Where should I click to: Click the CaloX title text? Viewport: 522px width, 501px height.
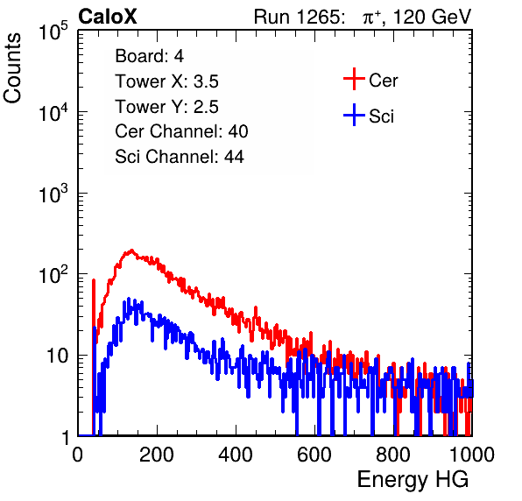pyautogui.click(x=107, y=17)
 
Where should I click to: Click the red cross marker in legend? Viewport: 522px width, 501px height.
pyautogui.click(x=354, y=79)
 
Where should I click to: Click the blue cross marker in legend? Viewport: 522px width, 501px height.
pyautogui.click(x=354, y=116)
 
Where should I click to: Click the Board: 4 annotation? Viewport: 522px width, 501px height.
pyautogui.click(x=149, y=56)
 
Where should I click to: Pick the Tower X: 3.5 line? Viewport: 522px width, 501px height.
pyautogui.click(x=166, y=81)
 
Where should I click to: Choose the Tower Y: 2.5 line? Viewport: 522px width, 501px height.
pyautogui.click(x=166, y=107)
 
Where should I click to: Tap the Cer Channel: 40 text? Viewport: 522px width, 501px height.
pyautogui.click(x=181, y=131)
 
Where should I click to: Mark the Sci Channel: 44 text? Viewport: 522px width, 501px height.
pyautogui.click(x=180, y=157)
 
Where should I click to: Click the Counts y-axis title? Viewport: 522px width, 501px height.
pyautogui.click(x=12, y=68)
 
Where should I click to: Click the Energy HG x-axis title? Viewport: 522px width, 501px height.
pyautogui.click(x=413, y=480)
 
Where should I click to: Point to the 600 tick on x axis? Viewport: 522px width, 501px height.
pyautogui.click(x=314, y=455)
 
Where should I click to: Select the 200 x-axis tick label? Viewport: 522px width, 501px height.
pyautogui.click(x=157, y=455)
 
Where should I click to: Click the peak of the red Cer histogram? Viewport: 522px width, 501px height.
pyautogui.click(x=131, y=250)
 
